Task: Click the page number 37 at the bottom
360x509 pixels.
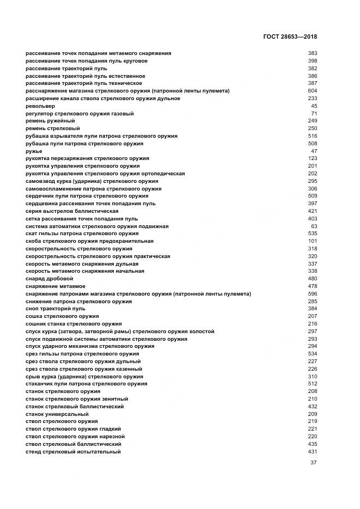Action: click(313, 463)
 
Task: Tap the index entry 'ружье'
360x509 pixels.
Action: click(34, 151)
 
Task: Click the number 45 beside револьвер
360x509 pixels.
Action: click(314, 106)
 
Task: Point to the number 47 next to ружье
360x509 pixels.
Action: click(314, 151)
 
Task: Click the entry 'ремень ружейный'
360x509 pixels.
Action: click(50, 121)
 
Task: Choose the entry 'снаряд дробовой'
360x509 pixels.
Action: click(49, 279)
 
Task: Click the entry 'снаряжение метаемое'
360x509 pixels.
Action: click(55, 286)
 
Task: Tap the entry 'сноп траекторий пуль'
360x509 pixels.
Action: click(56, 309)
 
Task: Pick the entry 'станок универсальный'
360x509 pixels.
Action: click(57, 414)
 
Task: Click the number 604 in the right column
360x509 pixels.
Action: click(312, 91)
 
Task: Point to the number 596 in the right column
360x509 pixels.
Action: click(312, 294)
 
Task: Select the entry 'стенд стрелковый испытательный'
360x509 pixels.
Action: click(73, 452)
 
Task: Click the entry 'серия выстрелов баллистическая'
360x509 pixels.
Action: click(72, 211)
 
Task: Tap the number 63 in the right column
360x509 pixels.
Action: click(314, 226)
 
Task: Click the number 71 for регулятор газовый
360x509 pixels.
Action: click(314, 114)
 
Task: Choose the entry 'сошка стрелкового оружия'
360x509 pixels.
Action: click(62, 316)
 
